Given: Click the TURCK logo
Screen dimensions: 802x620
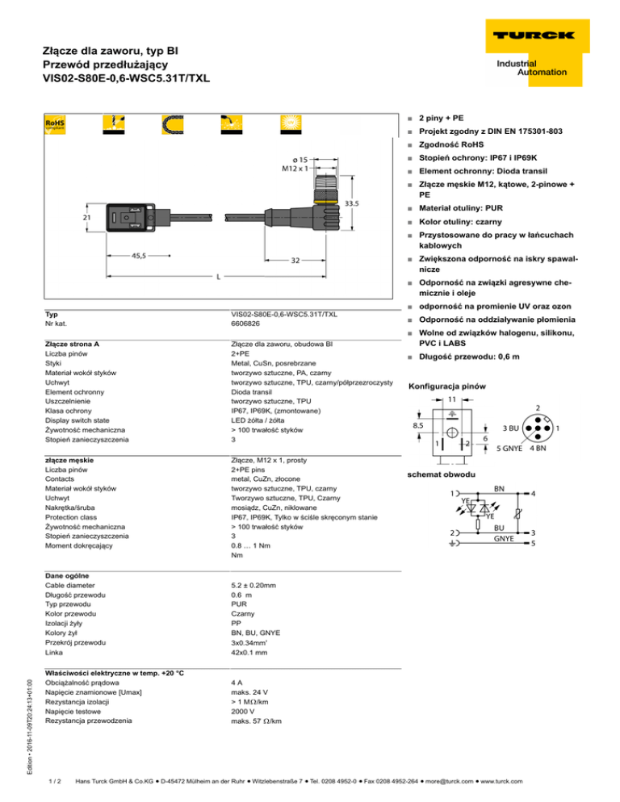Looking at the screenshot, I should (530, 35).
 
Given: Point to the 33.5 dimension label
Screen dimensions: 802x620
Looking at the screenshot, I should (352, 204).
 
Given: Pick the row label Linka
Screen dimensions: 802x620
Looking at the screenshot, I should (57, 653).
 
